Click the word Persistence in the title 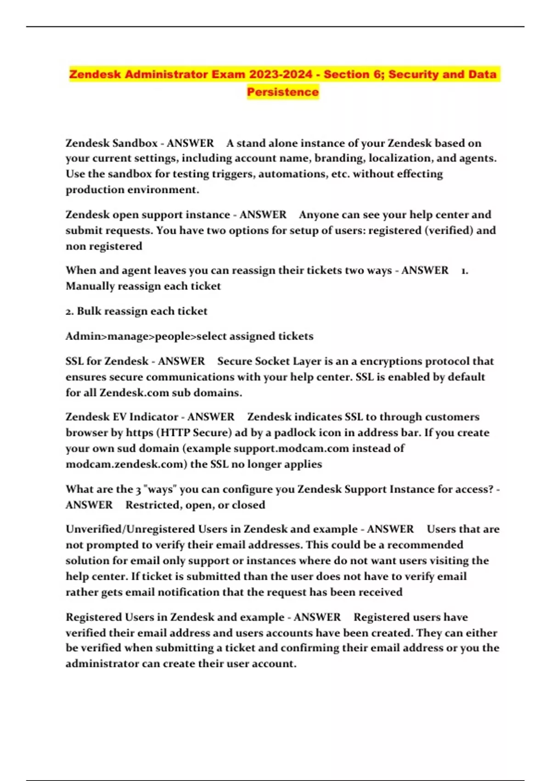(282, 92)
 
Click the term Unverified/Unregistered (130, 529)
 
